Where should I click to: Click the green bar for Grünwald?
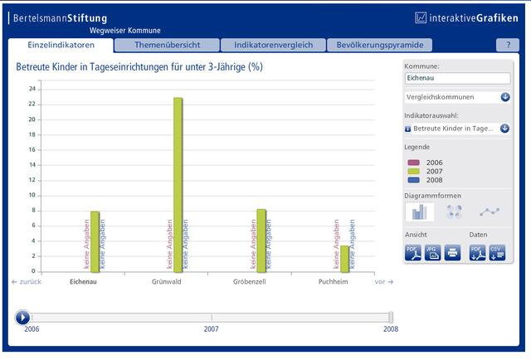click(x=178, y=185)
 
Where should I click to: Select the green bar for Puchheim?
click(x=344, y=259)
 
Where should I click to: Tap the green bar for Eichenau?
click(x=95, y=242)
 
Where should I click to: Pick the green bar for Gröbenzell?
click(x=261, y=241)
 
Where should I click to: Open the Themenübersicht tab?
click(x=167, y=45)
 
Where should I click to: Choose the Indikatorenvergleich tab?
click(x=273, y=45)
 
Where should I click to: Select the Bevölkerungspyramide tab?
click(x=380, y=45)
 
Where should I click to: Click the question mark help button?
click(x=508, y=45)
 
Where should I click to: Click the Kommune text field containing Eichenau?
click(x=457, y=78)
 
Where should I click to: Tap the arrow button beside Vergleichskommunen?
click(x=505, y=97)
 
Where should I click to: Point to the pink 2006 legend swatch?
click(x=413, y=163)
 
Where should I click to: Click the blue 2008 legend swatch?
click(x=413, y=180)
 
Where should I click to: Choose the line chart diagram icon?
click(x=490, y=212)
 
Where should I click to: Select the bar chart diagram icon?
click(x=420, y=212)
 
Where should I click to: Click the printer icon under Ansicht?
click(x=452, y=253)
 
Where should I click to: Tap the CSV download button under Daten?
click(x=497, y=253)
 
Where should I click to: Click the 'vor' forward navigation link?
click(x=383, y=282)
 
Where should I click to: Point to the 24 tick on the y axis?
click(x=32, y=89)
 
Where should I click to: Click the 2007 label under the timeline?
click(x=211, y=328)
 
